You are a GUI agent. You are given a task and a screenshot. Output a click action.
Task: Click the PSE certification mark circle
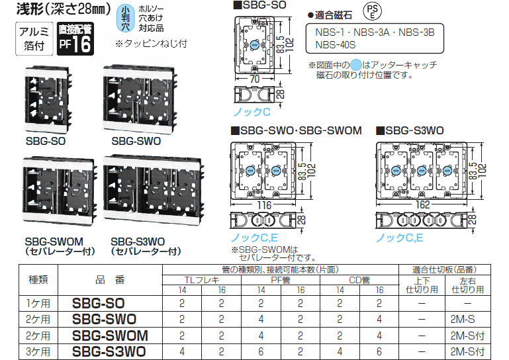pyautogui.click(x=373, y=12)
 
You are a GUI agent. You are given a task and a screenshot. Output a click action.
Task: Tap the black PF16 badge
pyautogui.click(x=75, y=38)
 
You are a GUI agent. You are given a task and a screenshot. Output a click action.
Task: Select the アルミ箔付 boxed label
pyautogui.click(x=34, y=38)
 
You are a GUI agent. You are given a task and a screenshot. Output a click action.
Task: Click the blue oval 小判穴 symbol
pyautogui.click(x=125, y=19)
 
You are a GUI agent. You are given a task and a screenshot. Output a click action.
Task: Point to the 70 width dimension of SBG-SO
pyautogui.click(x=254, y=79)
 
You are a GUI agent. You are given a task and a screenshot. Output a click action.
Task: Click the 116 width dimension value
pyautogui.click(x=264, y=205)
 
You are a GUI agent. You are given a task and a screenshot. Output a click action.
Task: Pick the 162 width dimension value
pyautogui.click(x=422, y=205)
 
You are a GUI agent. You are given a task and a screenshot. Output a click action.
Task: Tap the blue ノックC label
pyautogui.click(x=252, y=112)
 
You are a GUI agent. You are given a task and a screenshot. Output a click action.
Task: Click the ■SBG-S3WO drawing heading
pyautogui.click(x=410, y=130)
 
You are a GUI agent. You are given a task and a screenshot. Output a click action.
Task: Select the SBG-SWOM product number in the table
pyautogui.click(x=110, y=336)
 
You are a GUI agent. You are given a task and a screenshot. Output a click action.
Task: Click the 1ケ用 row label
pyautogui.click(x=38, y=303)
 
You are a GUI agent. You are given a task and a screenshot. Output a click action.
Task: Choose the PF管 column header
pyautogui.click(x=281, y=280)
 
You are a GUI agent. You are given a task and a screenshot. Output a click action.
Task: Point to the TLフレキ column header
pyautogui.click(x=202, y=280)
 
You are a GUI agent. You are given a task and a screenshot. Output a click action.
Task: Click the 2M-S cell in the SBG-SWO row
pyautogui.click(x=463, y=320)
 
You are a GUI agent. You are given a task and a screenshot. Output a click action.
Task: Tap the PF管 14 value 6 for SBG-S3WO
pyautogui.click(x=261, y=351)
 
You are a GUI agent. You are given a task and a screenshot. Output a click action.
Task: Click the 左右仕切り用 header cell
pyautogui.click(x=468, y=285)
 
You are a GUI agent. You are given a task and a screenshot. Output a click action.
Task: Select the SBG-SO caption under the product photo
pyautogui.click(x=46, y=141)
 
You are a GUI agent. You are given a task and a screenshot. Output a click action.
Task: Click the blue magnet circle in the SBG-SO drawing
pyautogui.click(x=254, y=45)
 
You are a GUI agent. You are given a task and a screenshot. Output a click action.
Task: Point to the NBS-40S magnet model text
pyautogui.click(x=336, y=45)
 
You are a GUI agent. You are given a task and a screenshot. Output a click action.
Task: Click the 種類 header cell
pyautogui.click(x=38, y=279)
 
